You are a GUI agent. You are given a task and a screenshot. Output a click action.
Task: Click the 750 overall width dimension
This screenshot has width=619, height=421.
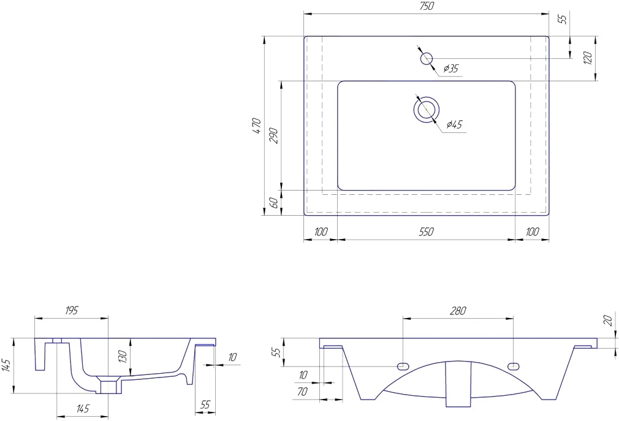tap(427, 6)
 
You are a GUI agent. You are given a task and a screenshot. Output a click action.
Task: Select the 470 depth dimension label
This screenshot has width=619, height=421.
tap(256, 126)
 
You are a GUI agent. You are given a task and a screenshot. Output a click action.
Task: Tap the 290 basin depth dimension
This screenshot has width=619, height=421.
tap(275, 135)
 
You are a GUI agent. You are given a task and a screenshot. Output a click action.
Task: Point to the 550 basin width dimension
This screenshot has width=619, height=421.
tap(427, 232)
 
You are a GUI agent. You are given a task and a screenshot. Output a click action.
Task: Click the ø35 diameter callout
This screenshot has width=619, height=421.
tap(450, 69)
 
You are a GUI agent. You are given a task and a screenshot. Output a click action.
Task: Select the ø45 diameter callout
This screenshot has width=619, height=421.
tap(454, 124)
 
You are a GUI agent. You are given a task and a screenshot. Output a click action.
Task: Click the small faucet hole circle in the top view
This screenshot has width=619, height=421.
tap(427, 59)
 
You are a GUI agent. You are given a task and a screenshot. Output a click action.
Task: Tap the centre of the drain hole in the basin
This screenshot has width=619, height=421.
tap(427, 109)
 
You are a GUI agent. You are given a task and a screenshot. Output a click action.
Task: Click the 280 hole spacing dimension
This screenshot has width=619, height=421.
tap(458, 311)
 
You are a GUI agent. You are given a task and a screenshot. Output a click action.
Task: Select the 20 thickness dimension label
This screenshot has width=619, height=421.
tap(608, 320)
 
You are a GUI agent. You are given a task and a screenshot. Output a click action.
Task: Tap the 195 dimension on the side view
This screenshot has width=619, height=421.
tap(71, 311)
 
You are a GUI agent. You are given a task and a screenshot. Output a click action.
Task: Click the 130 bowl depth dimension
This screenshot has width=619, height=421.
tap(123, 357)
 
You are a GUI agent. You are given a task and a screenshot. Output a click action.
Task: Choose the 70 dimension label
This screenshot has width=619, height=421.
tap(302, 392)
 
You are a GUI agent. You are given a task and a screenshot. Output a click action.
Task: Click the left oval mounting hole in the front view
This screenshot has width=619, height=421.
tap(403, 366)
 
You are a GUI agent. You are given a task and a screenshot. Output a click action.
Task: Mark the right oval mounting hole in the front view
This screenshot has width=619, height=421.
tap(513, 366)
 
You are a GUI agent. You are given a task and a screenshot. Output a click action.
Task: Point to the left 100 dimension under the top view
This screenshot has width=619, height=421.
tap(321, 232)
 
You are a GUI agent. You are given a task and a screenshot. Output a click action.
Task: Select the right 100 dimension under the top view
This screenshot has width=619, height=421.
tap(532, 232)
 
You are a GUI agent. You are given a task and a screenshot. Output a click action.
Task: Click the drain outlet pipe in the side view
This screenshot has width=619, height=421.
tap(110, 387)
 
